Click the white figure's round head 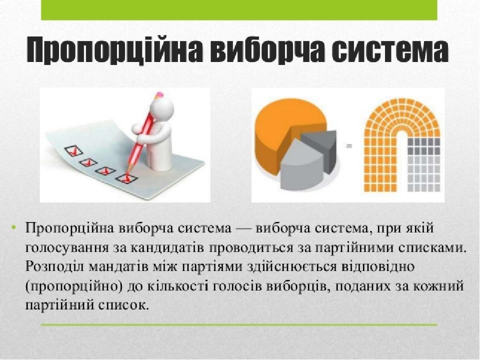point(162,108)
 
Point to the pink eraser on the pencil point(159,95)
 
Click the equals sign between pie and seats point(349,146)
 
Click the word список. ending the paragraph point(123,305)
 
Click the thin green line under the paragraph point(239,324)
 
